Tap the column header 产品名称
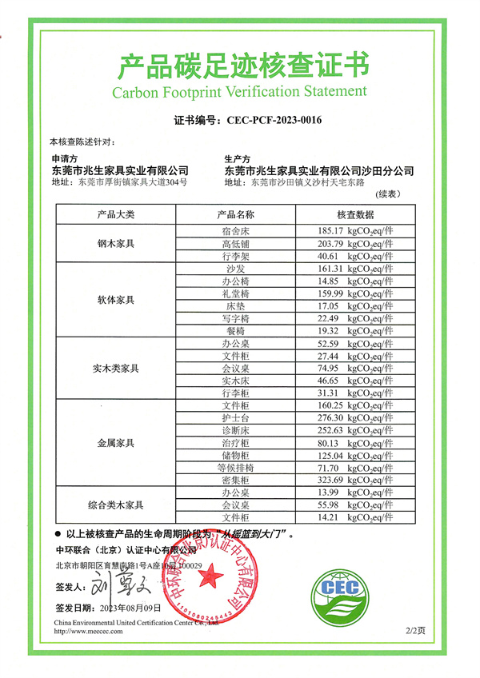pyautogui.click(x=236, y=215)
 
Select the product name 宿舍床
pyautogui.click(x=236, y=231)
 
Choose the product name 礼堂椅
pyautogui.click(x=236, y=293)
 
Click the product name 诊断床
pyautogui.click(x=236, y=430)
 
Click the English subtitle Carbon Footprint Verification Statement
pyautogui.click(x=240, y=90)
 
